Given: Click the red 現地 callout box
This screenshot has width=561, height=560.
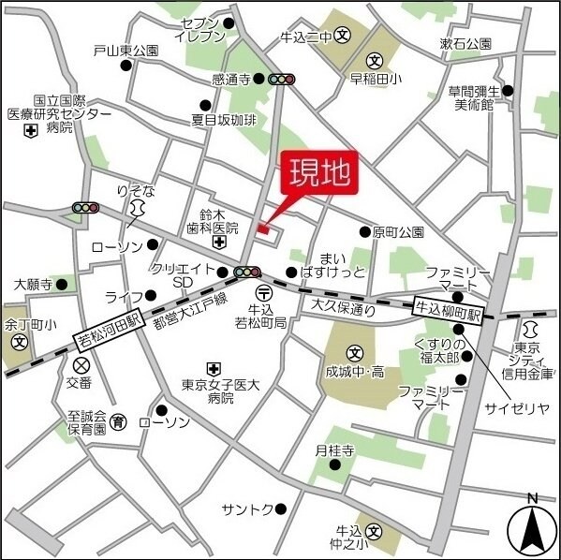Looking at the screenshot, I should [x=318, y=174].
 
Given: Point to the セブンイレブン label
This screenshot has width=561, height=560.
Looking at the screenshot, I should [x=200, y=30].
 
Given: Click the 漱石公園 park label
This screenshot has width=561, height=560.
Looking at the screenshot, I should [x=465, y=44].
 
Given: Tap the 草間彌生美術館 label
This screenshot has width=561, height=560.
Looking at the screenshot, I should [x=474, y=97].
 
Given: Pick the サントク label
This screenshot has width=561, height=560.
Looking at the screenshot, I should [x=247, y=508].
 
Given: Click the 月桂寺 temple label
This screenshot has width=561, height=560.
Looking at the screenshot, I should [x=334, y=450].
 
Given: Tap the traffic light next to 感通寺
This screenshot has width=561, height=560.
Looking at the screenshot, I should [x=281, y=80].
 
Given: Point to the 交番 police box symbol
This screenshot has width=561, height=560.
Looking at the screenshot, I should [x=81, y=364].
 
